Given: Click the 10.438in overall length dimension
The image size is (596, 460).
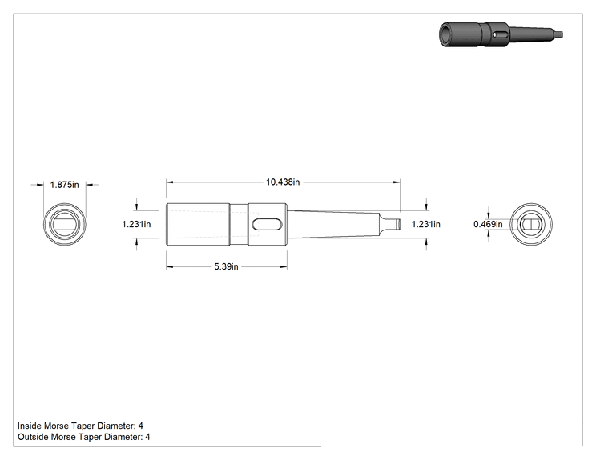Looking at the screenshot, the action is pyautogui.click(x=283, y=182).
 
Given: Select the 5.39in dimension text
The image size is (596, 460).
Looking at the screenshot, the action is pyautogui.click(x=226, y=267).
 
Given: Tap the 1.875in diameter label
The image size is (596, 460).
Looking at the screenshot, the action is pyautogui.click(x=65, y=185).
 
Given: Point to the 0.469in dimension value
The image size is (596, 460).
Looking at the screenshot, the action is pyautogui.click(x=488, y=224).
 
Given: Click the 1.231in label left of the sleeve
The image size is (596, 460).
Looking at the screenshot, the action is pyautogui.click(x=136, y=224).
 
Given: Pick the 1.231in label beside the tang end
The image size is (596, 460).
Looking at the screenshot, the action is pyautogui.click(x=426, y=224).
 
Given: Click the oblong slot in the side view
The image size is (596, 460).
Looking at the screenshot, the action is pyautogui.click(x=267, y=224).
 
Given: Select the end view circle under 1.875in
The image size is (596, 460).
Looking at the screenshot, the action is pyautogui.click(x=43, y=224).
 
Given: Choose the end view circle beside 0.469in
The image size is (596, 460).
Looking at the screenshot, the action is pyautogui.click(x=509, y=224).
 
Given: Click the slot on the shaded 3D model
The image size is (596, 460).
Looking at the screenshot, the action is pyautogui.click(x=501, y=34).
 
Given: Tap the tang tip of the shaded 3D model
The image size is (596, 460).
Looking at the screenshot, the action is pyautogui.click(x=559, y=35).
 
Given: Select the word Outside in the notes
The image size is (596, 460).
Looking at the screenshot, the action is pyautogui.click(x=33, y=437).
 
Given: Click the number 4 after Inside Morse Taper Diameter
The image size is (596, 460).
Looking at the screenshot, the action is pyautogui.click(x=141, y=426).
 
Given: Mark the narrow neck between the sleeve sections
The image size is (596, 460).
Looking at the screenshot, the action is pyautogui.click(x=239, y=224).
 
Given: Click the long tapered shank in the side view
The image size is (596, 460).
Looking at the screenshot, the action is pyautogui.click(x=333, y=224).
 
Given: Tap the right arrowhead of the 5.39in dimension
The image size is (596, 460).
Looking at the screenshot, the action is pyautogui.click(x=284, y=267).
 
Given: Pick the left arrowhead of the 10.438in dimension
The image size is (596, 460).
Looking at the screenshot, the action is pyautogui.click(x=170, y=182).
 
